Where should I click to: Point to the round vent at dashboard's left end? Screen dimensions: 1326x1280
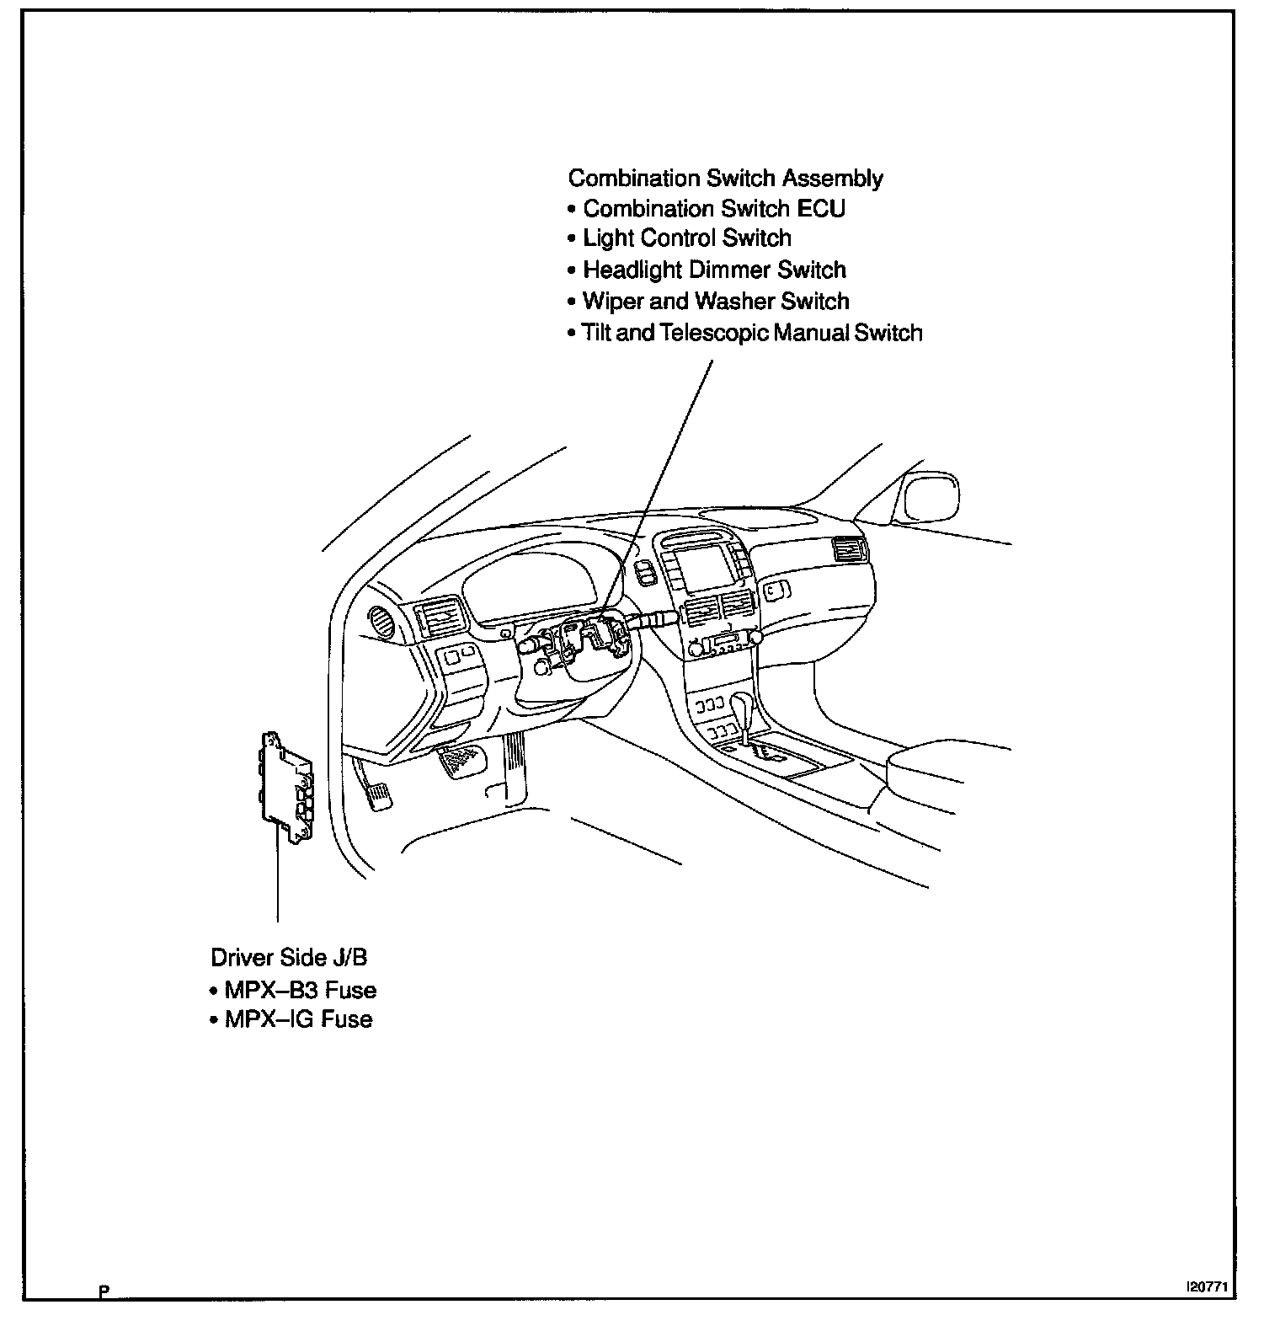click(x=383, y=623)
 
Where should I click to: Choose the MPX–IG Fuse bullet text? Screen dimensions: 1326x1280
click(x=298, y=1019)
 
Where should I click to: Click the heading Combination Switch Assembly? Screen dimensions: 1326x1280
click(x=726, y=179)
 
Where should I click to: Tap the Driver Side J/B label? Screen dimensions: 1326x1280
click(x=289, y=958)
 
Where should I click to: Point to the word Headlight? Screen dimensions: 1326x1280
click(x=633, y=270)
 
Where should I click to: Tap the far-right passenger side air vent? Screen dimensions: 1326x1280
click(x=849, y=549)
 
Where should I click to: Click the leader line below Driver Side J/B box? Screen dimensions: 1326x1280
click(x=277, y=876)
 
